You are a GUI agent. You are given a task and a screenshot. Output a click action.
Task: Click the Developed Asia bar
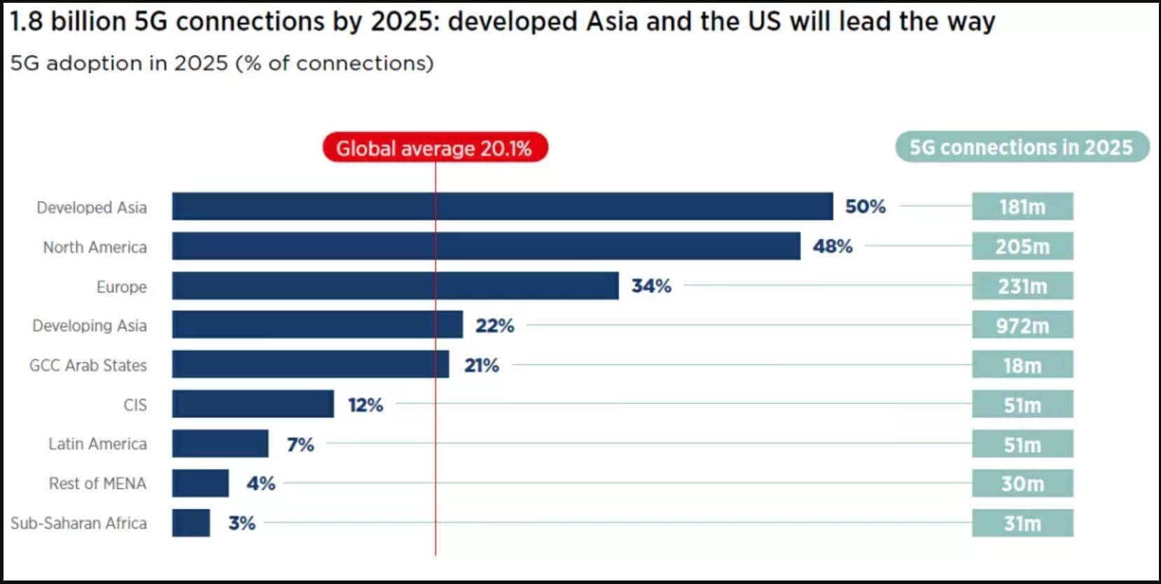[x=502, y=207]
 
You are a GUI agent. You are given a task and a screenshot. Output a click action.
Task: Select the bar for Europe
[x=395, y=286]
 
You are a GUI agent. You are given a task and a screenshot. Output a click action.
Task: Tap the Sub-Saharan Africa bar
[x=190, y=523]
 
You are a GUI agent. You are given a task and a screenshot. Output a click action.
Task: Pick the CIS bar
[x=253, y=404]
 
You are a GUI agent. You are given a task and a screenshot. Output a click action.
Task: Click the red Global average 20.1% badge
[x=434, y=148]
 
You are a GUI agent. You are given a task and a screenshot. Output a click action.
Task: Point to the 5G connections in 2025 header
[x=1021, y=147]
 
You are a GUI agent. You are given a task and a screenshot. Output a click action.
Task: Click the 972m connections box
[x=1022, y=326]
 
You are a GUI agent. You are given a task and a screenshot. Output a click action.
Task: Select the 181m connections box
[x=1022, y=207]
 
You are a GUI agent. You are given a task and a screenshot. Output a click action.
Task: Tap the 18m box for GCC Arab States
[x=1022, y=365]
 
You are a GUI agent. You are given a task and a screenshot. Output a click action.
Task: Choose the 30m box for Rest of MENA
[x=1022, y=483]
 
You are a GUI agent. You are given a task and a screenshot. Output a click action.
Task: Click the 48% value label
[x=832, y=246]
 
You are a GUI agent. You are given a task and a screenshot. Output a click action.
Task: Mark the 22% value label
[x=494, y=326]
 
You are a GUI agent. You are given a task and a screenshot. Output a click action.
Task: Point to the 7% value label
[x=300, y=444]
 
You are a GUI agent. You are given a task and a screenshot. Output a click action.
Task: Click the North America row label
[x=95, y=247]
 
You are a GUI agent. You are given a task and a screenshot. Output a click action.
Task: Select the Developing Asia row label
[x=90, y=326]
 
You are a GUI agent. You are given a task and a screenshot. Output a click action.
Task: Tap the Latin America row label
[x=97, y=444]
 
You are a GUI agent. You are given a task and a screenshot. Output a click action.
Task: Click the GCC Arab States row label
[x=88, y=365]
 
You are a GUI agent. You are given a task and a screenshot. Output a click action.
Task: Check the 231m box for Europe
[x=1022, y=286]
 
